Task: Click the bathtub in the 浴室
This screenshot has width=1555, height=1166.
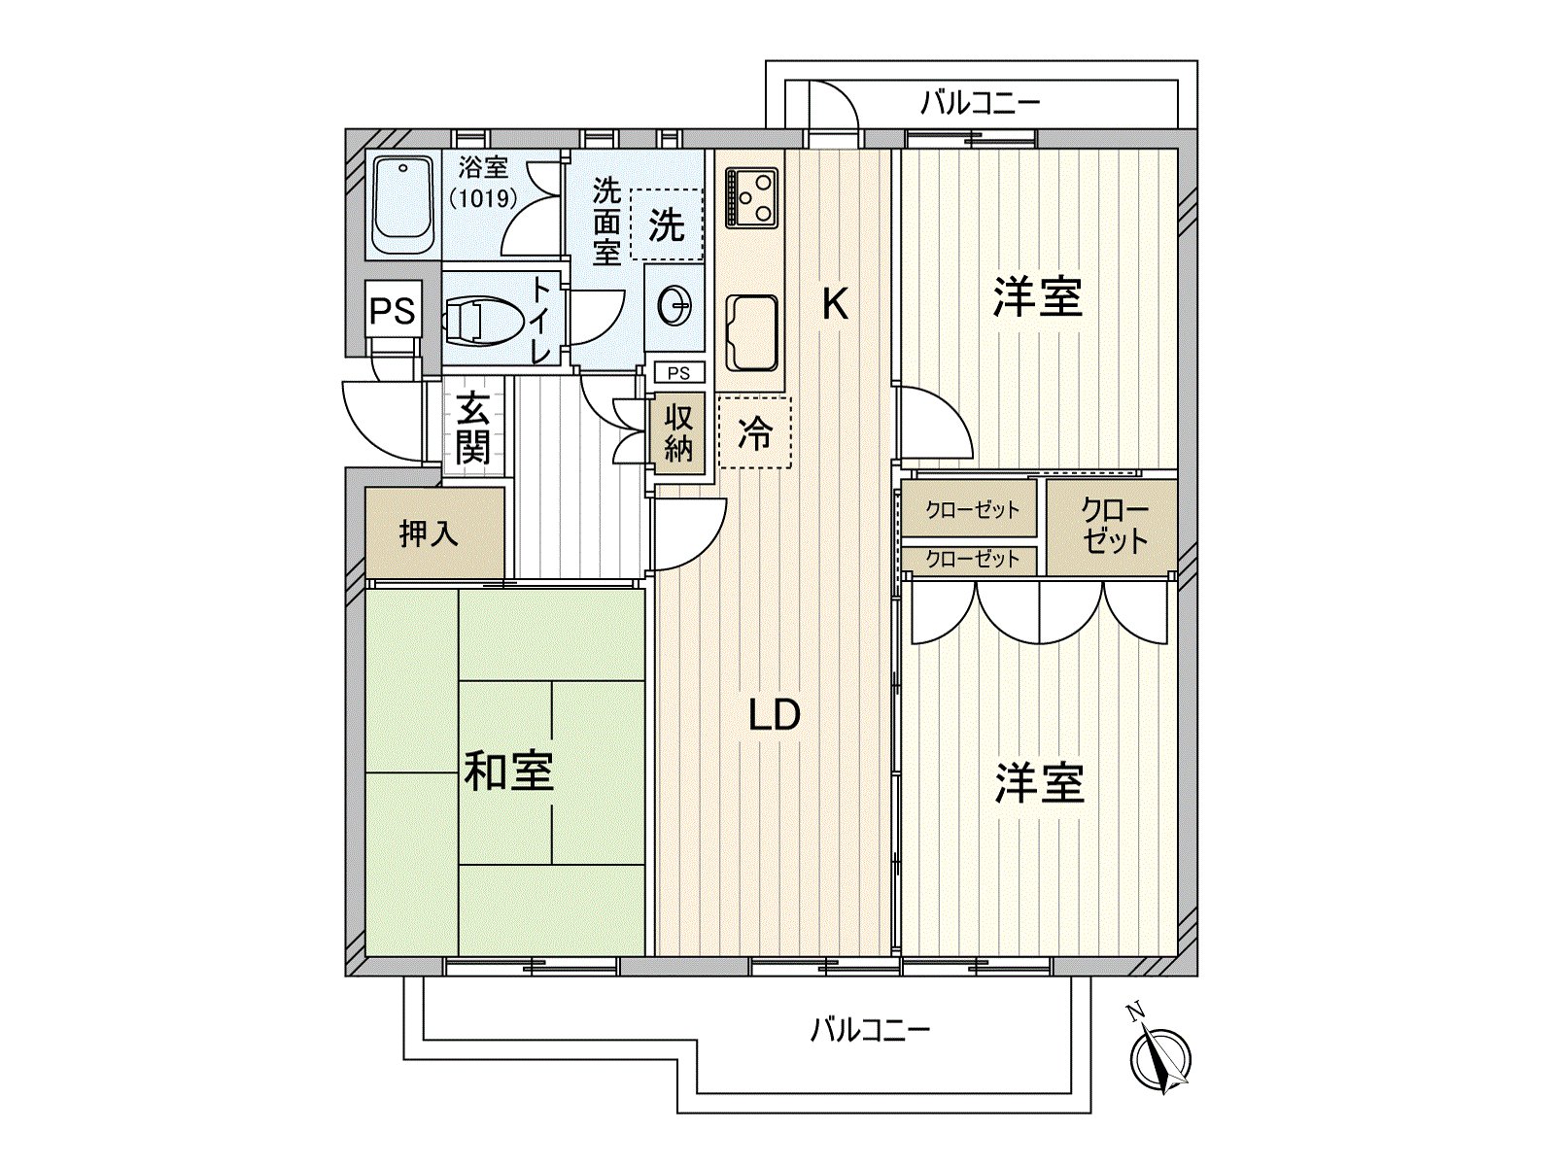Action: coord(403,205)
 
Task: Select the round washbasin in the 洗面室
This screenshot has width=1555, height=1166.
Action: coord(674,308)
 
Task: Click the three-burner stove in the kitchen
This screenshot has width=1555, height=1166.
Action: coord(750,197)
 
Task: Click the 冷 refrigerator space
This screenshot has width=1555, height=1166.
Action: coord(754,432)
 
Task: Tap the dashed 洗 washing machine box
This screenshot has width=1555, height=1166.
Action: coord(667,224)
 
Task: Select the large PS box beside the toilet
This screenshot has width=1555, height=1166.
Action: coord(393,311)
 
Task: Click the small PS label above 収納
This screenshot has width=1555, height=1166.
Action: coord(678,373)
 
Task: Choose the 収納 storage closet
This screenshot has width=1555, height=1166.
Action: coord(678,433)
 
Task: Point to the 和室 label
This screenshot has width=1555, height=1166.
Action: coord(508,771)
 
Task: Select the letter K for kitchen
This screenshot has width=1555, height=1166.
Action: coord(834,304)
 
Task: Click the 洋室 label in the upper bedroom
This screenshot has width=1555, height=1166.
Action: coord(1037,296)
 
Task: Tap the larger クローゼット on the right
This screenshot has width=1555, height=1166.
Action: coord(1113,526)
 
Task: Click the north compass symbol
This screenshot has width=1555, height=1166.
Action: coord(1160,1057)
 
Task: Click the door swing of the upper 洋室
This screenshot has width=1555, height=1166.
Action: coord(933,424)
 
